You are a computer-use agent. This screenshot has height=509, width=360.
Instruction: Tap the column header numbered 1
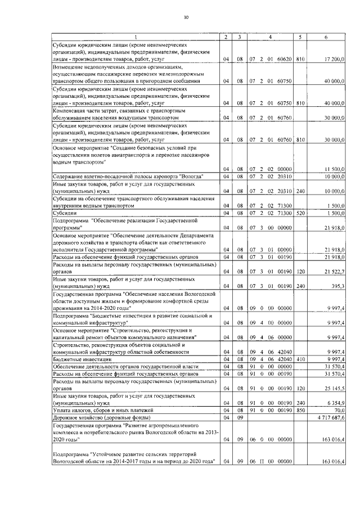click(135, 37)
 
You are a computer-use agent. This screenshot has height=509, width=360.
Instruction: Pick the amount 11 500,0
click(335, 169)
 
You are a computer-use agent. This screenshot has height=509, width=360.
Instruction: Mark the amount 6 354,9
click(336, 403)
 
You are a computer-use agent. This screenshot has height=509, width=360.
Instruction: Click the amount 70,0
click(339, 411)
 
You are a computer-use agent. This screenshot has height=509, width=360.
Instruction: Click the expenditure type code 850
click(300, 411)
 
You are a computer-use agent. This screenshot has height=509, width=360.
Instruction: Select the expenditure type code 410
click(300, 359)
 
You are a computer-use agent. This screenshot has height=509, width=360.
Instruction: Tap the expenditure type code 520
click(300, 213)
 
